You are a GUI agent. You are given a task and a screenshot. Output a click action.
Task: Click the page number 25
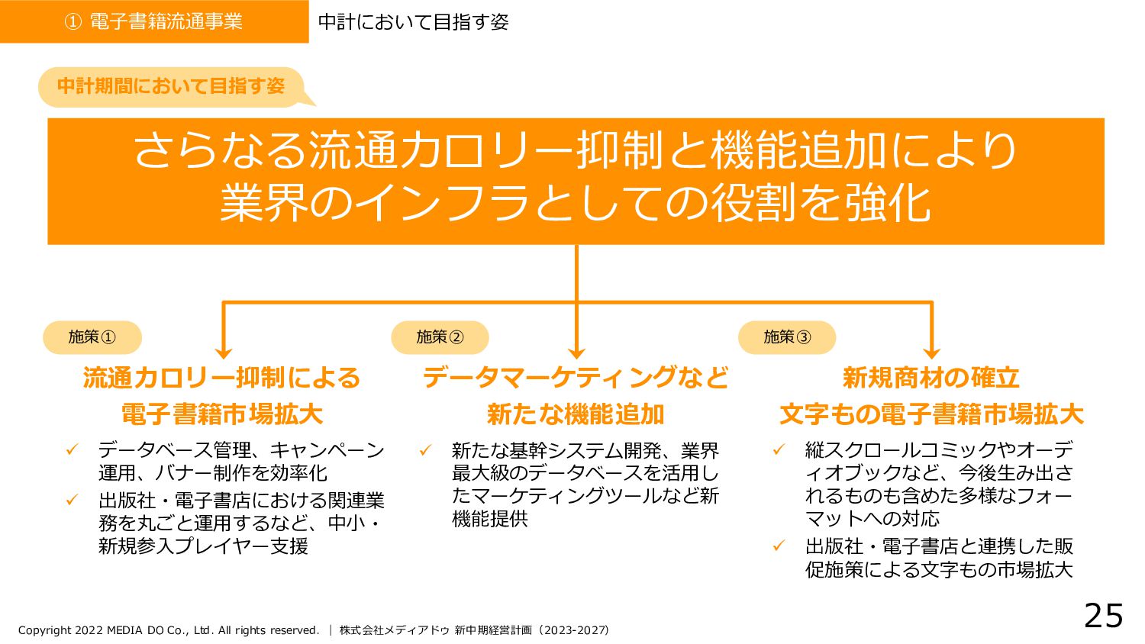pyautogui.click(x=1103, y=616)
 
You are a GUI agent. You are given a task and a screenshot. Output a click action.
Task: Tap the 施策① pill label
pyautogui.click(x=92, y=337)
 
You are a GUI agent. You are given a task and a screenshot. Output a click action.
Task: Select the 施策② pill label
pyautogui.click(x=440, y=337)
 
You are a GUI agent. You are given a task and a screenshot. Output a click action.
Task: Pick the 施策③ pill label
pyautogui.click(x=787, y=337)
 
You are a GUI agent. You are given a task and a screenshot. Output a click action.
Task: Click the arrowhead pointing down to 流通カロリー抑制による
pyautogui.click(x=223, y=352)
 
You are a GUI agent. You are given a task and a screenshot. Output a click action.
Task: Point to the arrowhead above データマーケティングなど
pyautogui.click(x=576, y=352)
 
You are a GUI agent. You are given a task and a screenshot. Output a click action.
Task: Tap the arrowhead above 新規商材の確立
pyautogui.click(x=931, y=352)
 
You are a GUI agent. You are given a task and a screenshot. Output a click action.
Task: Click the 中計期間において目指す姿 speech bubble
pyautogui.click(x=171, y=86)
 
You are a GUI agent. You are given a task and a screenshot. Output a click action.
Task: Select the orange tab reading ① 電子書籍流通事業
pyautogui.click(x=153, y=21)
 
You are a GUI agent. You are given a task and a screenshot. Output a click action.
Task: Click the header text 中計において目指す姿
pyautogui.click(x=413, y=22)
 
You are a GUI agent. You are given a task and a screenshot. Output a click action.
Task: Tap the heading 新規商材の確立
pyautogui.click(x=931, y=378)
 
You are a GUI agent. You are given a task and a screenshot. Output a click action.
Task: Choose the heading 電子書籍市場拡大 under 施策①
pyautogui.click(x=222, y=414)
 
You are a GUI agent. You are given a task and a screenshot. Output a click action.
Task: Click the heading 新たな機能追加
pyautogui.click(x=576, y=414)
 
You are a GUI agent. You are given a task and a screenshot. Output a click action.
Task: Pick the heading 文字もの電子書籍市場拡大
pyautogui.click(x=931, y=414)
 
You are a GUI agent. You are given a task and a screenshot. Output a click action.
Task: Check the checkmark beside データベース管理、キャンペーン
pyautogui.click(x=73, y=450)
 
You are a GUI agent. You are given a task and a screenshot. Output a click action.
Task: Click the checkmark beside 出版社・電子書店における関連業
pyautogui.click(x=73, y=501)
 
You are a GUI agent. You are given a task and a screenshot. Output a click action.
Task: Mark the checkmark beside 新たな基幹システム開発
pyautogui.click(x=426, y=450)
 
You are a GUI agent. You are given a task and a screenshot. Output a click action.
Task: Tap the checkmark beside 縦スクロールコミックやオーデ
pyautogui.click(x=779, y=450)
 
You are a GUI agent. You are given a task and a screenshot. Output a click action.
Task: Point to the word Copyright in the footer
pyautogui.click(x=44, y=630)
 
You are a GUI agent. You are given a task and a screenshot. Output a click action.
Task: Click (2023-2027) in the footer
pyautogui.click(x=573, y=630)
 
